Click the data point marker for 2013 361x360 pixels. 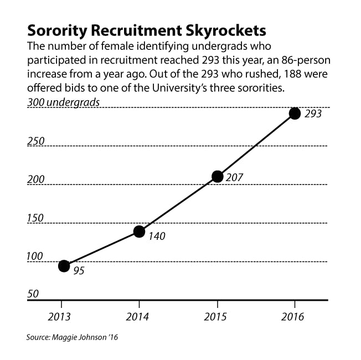coord(64,266)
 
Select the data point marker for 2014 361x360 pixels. coord(140,232)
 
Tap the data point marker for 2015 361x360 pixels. coord(217,177)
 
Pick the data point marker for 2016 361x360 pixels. coord(295,114)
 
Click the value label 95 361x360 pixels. coord(79,271)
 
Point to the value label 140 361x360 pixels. coord(157,236)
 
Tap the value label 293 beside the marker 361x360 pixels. coord(312,115)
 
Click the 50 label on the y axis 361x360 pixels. coord(33,294)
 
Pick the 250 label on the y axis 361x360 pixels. coord(36,141)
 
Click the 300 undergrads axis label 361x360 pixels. coord(64,102)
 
